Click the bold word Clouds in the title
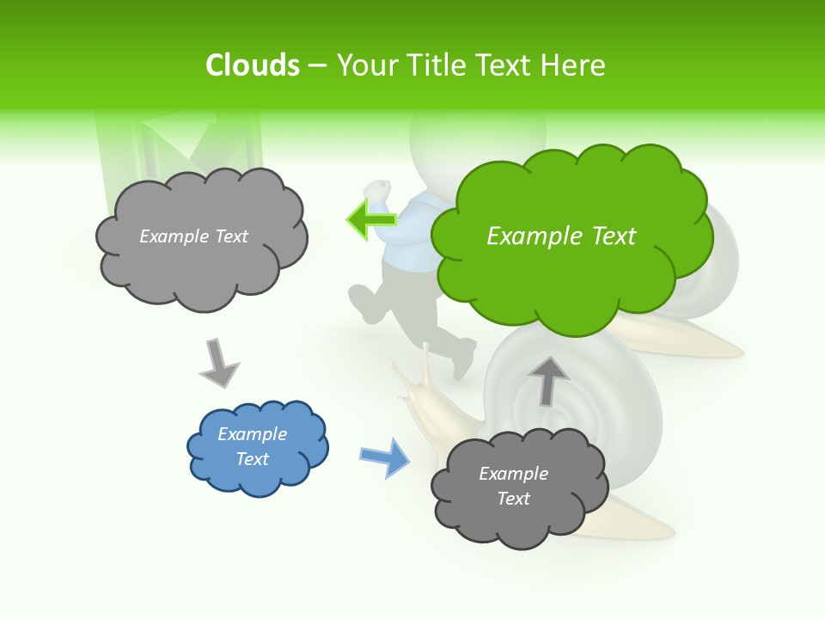pos(253,65)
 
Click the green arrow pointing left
pos(371,220)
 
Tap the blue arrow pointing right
pos(385,457)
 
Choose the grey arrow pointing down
pos(218,363)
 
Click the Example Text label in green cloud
pos(561,236)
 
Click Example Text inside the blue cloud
pos(252,446)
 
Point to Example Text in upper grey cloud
pos(193,236)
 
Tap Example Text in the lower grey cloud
pos(513,486)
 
